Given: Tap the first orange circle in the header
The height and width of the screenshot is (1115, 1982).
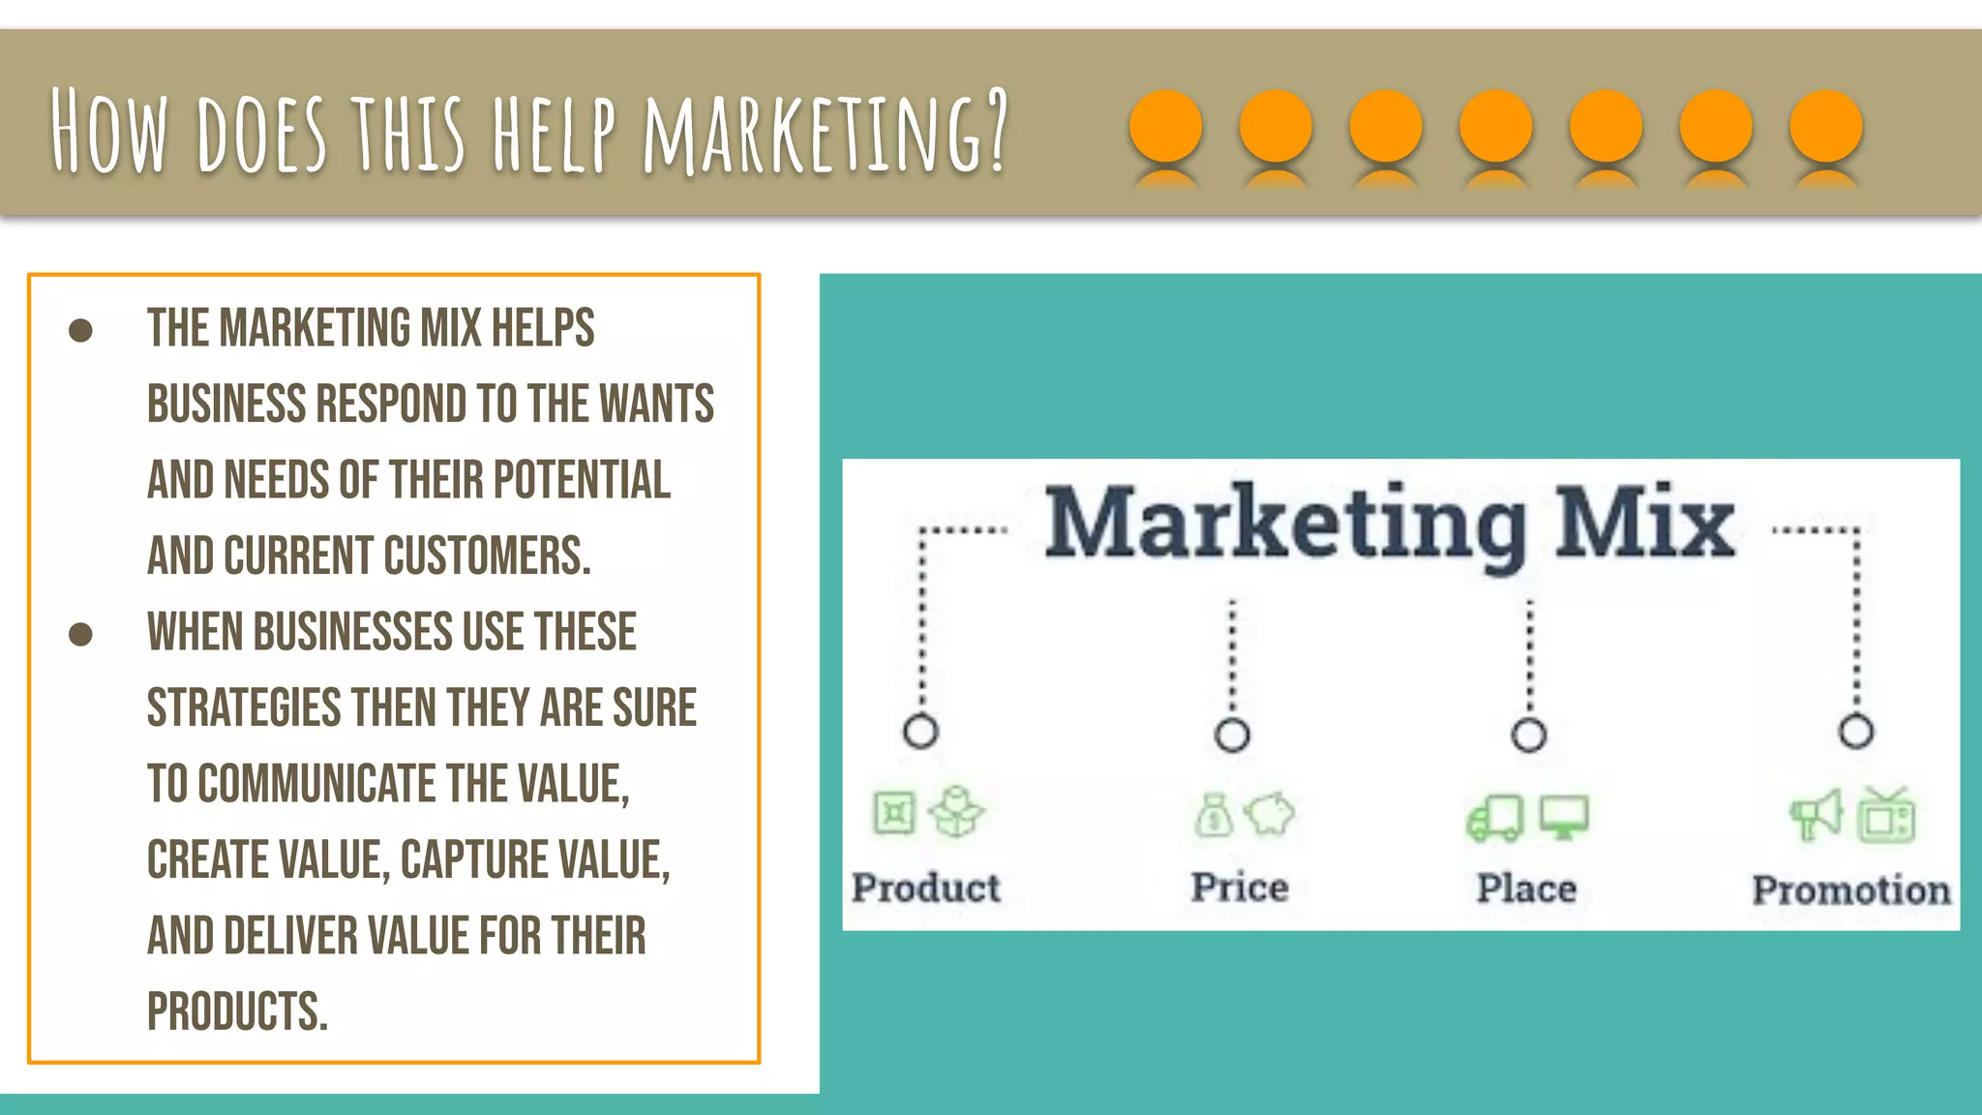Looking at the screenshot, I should (x=1165, y=126).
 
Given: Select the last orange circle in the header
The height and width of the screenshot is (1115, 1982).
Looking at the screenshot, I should (x=1825, y=126).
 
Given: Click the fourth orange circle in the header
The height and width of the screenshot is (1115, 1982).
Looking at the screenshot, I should (x=1495, y=126).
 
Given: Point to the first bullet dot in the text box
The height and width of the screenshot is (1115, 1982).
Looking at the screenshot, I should (x=80, y=331).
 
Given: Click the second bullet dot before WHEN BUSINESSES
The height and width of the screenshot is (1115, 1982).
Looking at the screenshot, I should (x=80, y=635).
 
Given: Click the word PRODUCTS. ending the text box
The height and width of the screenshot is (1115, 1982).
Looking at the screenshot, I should (x=237, y=1011).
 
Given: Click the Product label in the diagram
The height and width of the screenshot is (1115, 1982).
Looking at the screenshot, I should (x=925, y=888).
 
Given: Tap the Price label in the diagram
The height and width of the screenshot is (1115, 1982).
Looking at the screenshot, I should (x=1239, y=888).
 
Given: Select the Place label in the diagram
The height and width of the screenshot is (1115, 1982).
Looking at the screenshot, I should (x=1526, y=889).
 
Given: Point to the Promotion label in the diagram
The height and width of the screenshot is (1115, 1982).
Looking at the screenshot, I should (x=1851, y=890).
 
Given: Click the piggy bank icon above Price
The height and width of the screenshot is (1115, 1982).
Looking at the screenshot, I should (x=1269, y=814).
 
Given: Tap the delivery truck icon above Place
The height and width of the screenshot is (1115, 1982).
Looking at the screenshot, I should (x=1495, y=819).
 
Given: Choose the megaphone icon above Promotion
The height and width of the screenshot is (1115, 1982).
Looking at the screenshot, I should (x=1816, y=816).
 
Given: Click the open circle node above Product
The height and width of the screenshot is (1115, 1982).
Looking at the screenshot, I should (x=920, y=731).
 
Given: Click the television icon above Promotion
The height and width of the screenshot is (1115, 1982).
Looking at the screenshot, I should (x=1886, y=816).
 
